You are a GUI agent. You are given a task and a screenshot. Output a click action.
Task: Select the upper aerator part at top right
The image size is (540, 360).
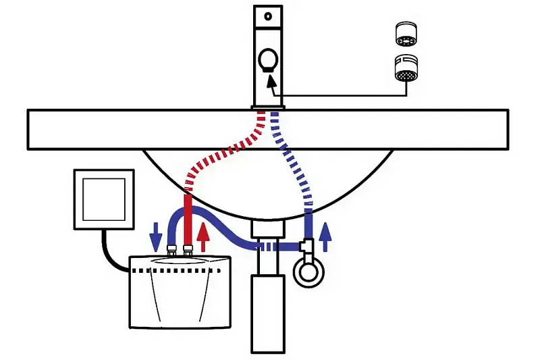[x=404, y=32]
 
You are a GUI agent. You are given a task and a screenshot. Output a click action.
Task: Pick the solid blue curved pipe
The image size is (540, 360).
[x=230, y=226]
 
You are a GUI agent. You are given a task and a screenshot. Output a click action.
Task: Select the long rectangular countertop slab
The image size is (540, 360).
[x=101, y=128]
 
